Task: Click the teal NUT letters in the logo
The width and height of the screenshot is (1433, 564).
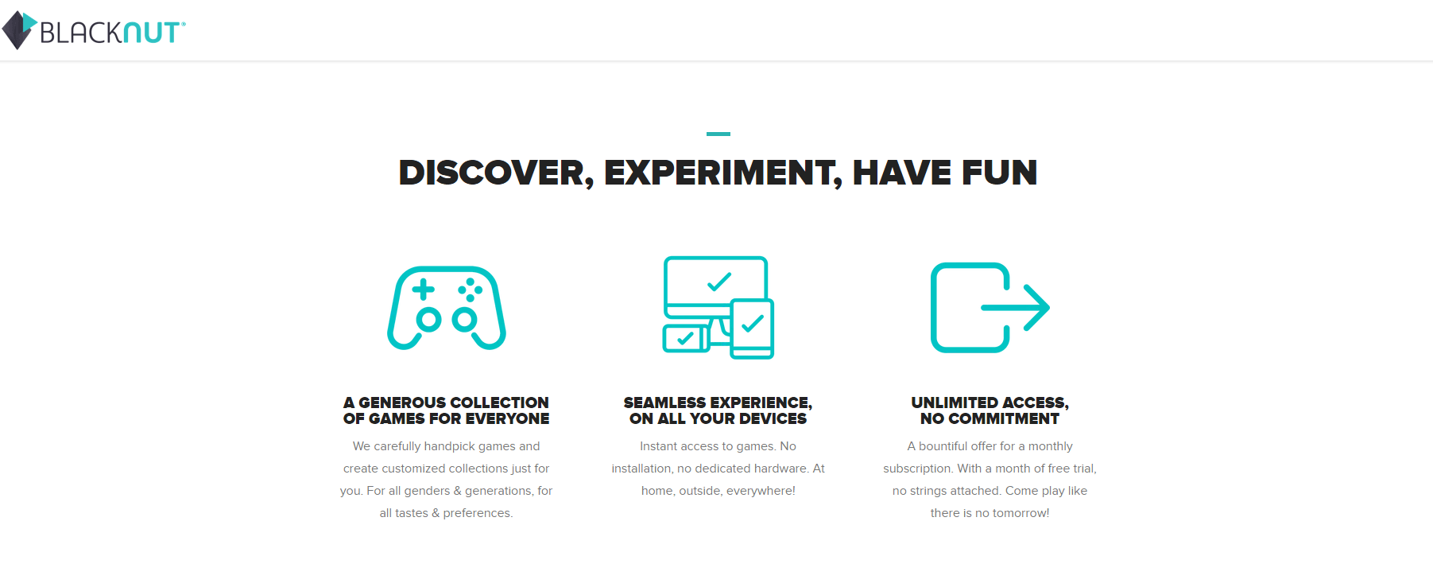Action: click(153, 33)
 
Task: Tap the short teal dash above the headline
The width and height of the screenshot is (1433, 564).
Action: click(718, 134)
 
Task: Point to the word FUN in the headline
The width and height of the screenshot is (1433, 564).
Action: click(999, 173)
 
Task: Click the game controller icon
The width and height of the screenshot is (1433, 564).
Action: click(447, 308)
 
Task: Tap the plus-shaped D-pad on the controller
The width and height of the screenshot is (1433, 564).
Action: click(423, 290)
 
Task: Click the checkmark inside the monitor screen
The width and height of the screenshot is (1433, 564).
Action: click(718, 282)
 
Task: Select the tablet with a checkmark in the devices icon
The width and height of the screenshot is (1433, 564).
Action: click(752, 329)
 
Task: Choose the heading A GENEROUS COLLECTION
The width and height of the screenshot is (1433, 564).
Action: click(446, 403)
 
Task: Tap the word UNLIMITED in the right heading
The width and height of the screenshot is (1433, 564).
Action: click(953, 403)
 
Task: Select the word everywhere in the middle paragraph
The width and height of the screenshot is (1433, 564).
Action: click(761, 491)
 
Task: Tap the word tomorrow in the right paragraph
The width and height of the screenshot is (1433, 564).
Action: click(1021, 513)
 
